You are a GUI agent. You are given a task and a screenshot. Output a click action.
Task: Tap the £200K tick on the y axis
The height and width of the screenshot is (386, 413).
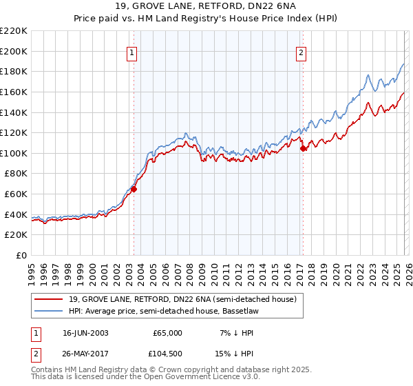pyautogui.click(x=14, y=51)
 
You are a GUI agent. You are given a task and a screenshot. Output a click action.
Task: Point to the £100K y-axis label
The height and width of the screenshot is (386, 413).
pyautogui.click(x=14, y=153)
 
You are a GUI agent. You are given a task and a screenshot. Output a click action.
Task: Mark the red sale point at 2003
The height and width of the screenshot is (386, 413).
pyautogui.click(x=134, y=189)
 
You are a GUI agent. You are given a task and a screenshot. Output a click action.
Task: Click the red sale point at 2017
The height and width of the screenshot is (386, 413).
pyautogui.click(x=303, y=148)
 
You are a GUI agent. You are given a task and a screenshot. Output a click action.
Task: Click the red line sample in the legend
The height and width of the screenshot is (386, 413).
pyautogui.click(x=48, y=299)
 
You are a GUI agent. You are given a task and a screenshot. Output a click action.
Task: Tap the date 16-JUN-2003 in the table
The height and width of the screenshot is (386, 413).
pyautogui.click(x=85, y=333)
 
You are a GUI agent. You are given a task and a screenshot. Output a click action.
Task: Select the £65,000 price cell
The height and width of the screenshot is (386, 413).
pyautogui.click(x=168, y=333)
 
